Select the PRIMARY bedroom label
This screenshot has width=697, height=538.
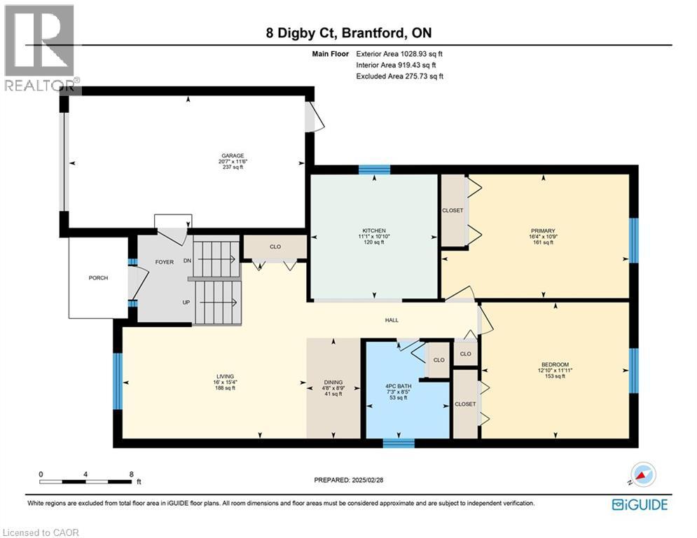pos(542,231)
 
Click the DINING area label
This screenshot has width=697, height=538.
pos(333,382)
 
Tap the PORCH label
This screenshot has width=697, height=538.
pos(98,278)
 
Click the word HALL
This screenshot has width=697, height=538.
pos(391,320)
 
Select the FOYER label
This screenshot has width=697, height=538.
pos(164,262)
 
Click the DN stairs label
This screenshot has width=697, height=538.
pos(188,261)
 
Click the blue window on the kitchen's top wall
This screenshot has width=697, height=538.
pos(374,169)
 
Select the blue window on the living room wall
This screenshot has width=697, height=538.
pos(118,381)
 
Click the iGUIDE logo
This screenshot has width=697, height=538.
pos(640,504)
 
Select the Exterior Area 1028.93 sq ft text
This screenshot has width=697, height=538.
pos(399,53)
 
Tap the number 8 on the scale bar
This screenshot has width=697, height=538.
pos(132,474)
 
